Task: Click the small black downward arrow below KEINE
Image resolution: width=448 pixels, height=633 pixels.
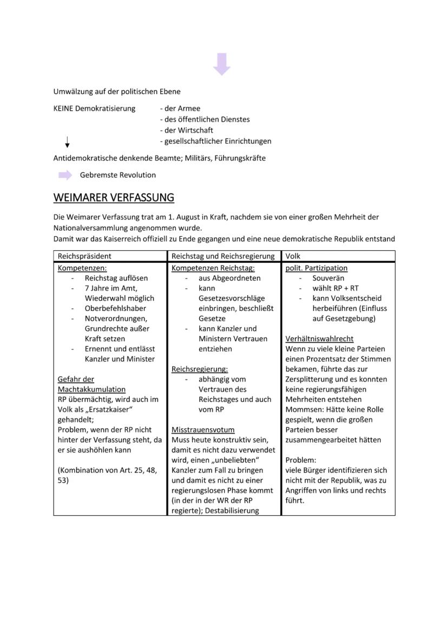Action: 67,142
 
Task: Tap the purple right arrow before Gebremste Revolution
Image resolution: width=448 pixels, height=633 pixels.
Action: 65,175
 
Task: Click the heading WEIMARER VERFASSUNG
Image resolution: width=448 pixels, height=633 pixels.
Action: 114,198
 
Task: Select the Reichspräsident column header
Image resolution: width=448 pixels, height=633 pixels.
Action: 84,256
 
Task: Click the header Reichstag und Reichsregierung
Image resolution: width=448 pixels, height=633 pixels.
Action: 223,256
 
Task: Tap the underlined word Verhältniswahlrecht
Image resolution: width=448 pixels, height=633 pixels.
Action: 319,339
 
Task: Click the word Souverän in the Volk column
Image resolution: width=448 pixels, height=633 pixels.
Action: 328,278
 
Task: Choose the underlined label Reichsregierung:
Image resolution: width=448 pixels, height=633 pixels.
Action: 200,369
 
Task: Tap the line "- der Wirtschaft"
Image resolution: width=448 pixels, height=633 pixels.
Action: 186,130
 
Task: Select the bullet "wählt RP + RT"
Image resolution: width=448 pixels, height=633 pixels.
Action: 335,288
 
